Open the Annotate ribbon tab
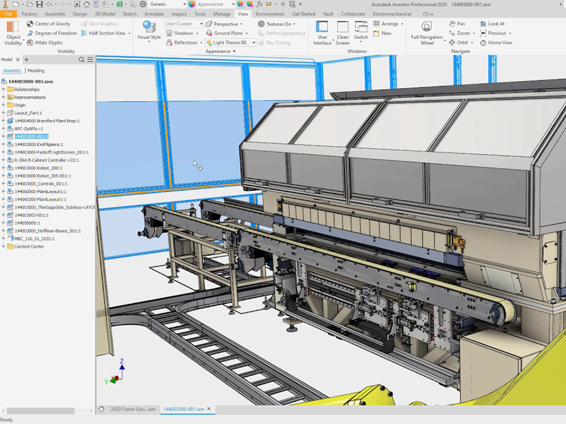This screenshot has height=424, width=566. (153, 13)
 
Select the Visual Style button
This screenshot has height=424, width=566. (149, 31)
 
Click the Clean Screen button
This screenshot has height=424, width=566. (343, 31)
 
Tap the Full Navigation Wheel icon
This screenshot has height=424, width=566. (427, 31)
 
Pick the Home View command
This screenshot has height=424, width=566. (496, 43)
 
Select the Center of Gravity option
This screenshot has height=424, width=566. (48, 24)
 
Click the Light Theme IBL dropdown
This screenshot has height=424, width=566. (230, 43)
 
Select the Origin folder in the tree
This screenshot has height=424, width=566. (20, 105)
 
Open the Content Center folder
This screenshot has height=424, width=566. (29, 246)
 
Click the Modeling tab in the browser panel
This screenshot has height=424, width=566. (36, 71)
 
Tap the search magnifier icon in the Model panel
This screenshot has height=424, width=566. (82, 60)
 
